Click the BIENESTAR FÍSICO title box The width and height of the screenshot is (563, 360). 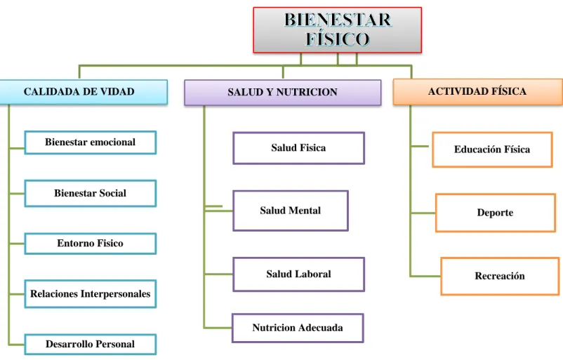(x=338, y=30)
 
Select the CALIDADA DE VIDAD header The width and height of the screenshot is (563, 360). (x=84, y=92)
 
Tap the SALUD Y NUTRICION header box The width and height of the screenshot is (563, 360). (x=283, y=93)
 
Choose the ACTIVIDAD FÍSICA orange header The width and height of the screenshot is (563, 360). (x=478, y=92)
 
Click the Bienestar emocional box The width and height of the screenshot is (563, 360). (x=90, y=142)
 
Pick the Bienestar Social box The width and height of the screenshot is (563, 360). (x=90, y=194)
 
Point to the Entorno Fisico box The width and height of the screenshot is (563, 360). (x=90, y=244)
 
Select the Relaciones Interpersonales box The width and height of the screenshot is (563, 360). (x=90, y=294)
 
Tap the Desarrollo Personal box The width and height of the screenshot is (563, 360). (x=90, y=344)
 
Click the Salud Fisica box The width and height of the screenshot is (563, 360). (x=299, y=148)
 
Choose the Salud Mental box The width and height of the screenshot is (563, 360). (x=291, y=211)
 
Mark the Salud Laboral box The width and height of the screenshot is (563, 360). (x=299, y=274)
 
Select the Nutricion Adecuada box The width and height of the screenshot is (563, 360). (x=298, y=328)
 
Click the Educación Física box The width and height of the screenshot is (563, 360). (x=492, y=149)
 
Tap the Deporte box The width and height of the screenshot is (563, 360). (x=496, y=213)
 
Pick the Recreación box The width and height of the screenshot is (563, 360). (x=500, y=276)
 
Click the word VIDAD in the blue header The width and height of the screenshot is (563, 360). (x=117, y=92)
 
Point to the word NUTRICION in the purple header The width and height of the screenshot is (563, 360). (x=307, y=92)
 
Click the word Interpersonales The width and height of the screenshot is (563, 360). (x=115, y=294)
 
